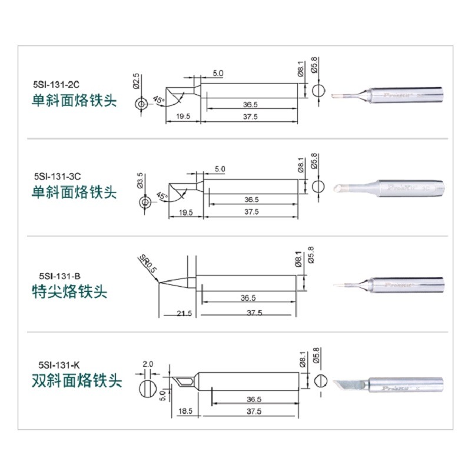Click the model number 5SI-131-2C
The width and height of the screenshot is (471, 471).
click(56, 84)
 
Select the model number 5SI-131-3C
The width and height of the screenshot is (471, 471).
click(57, 176)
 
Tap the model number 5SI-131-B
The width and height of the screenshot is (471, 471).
click(60, 276)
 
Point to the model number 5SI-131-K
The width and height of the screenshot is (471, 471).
click(59, 365)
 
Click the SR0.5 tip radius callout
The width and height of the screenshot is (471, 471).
click(148, 264)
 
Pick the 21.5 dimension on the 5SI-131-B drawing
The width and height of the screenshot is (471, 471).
click(184, 314)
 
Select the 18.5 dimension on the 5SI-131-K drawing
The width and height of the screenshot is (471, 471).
click(185, 411)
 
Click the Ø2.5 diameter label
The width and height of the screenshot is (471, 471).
click(136, 81)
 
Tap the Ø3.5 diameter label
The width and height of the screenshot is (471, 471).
click(140, 180)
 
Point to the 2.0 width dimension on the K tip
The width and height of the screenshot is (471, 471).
click(148, 364)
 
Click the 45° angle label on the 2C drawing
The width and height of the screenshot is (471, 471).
click(158, 99)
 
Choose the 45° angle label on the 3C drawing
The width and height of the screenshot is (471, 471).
click(162, 196)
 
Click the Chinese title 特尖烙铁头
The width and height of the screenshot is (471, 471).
click(69, 291)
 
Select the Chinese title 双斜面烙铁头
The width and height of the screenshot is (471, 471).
click(77, 380)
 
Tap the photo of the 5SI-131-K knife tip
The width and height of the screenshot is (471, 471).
click(388, 385)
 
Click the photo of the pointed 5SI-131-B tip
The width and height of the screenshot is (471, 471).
click(389, 285)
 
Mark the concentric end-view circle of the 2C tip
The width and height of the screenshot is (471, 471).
click(141, 104)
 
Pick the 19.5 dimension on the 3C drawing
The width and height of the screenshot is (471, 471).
click(185, 213)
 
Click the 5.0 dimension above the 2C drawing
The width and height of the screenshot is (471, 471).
click(218, 73)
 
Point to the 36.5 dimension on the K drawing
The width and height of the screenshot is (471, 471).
click(254, 399)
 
